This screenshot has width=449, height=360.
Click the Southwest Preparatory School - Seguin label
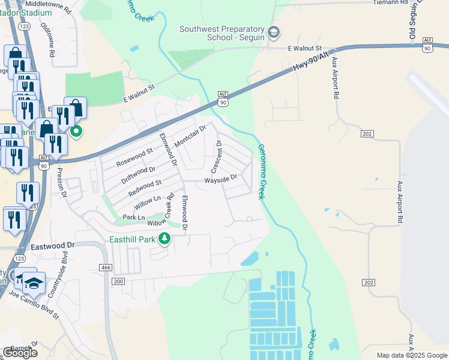222,33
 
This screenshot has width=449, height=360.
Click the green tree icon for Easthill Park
164,239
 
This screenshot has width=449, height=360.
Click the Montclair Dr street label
190,137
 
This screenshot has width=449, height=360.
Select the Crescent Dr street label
218,156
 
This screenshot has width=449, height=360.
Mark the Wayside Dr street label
221,178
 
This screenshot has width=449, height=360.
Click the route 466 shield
106,266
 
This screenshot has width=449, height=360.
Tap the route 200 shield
118,281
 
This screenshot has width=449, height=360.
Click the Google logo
20,353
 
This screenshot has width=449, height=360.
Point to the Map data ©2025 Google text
411,355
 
